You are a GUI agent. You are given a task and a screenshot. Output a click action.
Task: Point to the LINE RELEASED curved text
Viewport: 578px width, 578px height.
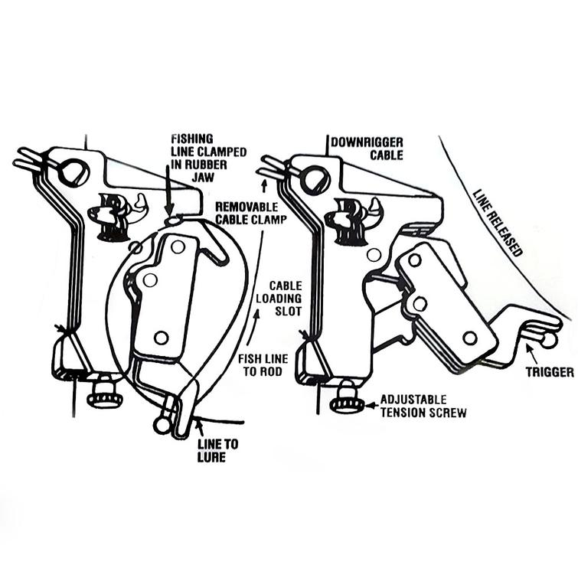click(498, 222)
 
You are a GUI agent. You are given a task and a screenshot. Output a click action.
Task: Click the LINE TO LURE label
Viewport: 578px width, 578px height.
click(211, 451)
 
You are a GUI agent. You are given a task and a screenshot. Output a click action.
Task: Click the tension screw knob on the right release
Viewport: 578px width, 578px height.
click(348, 398)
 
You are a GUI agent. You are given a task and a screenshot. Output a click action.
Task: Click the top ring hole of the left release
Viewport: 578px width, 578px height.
click(74, 173)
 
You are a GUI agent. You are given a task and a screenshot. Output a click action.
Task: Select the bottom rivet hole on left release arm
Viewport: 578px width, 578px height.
click(160, 337)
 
